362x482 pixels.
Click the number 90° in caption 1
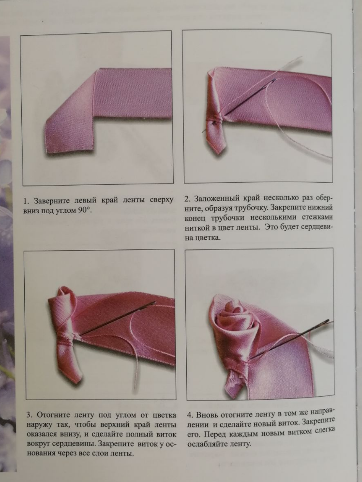tap(85, 211)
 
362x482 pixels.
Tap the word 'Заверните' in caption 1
tap(52, 202)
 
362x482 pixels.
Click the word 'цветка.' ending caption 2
tap(208, 238)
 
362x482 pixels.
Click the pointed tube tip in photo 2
tap(220, 152)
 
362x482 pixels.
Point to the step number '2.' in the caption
tap(188, 198)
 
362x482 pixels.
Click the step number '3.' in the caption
tap(30, 415)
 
